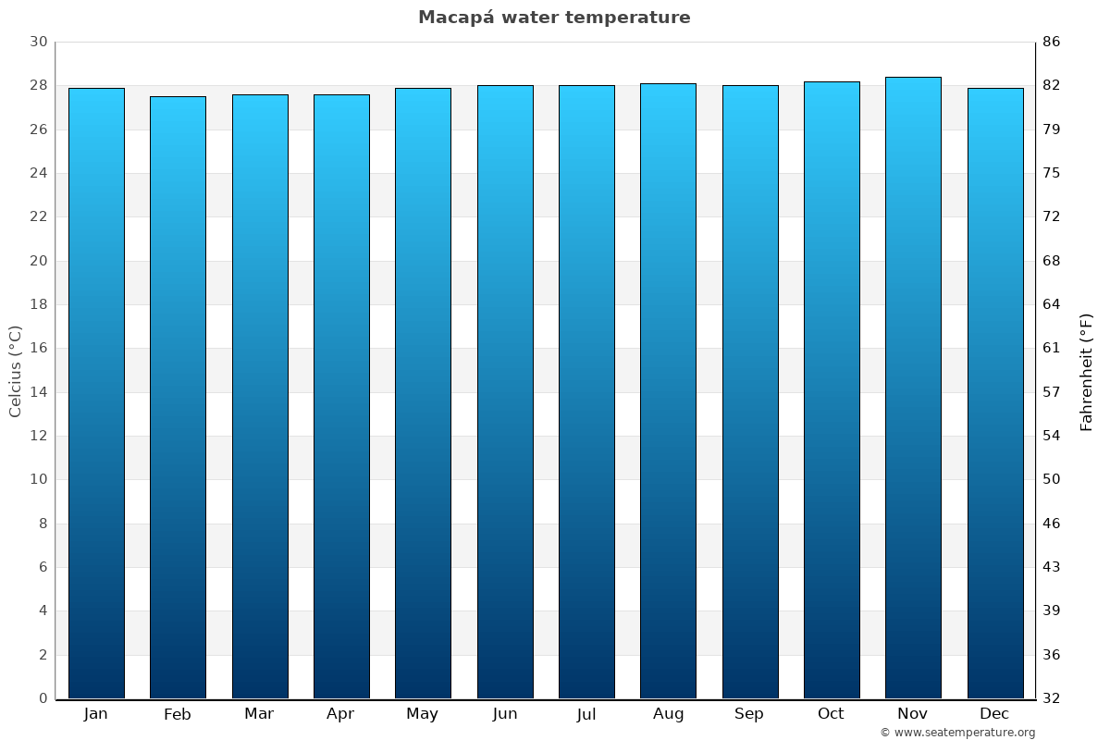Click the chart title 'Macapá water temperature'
point(554,18)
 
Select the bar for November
point(913,388)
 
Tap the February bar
point(178,398)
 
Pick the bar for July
point(586,392)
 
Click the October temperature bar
point(832,390)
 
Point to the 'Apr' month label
point(340,714)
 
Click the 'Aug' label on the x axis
point(668,714)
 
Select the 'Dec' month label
point(994,714)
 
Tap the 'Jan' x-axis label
point(95,714)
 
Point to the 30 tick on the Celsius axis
point(39,43)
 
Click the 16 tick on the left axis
point(39,349)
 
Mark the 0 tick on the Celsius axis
point(43,698)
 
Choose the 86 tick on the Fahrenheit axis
point(1052,43)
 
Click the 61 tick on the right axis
point(1052,349)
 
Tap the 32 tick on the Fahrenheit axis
point(1052,698)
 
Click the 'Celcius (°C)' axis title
point(16,370)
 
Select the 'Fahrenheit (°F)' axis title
point(1087,372)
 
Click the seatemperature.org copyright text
point(956,733)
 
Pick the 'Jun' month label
point(505,714)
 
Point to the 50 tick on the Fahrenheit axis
point(1052,479)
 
